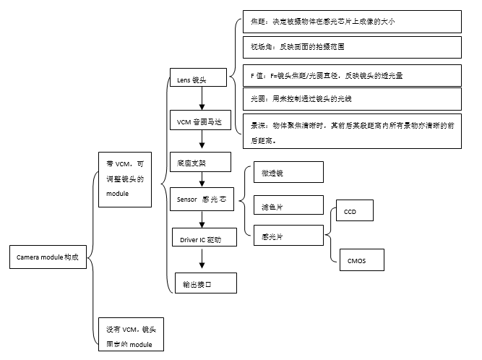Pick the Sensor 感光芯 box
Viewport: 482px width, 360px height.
pyautogui.click(x=202, y=199)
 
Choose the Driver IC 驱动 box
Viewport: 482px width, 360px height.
pyautogui.click(x=205, y=238)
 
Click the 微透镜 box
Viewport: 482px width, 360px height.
pyautogui.click(x=288, y=172)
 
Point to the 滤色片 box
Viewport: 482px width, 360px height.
pyautogui.click(x=288, y=205)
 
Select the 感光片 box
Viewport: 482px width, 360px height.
pyautogui.click(x=288, y=236)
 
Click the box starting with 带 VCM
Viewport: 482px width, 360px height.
pyautogui.click(x=125, y=179)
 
